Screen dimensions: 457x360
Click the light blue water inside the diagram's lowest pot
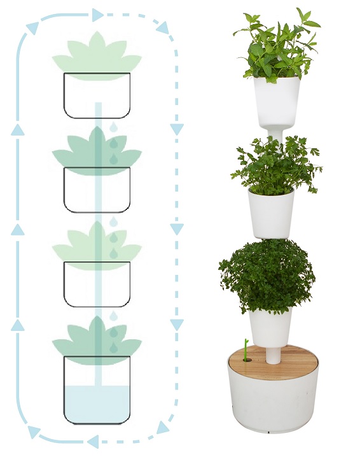click(x=97, y=405)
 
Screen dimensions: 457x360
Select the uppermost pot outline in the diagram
click(x=97, y=95)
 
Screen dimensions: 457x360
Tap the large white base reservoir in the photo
click(x=273, y=398)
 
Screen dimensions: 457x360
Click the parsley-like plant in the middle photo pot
click(x=275, y=162)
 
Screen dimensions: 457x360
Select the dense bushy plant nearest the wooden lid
click(x=267, y=274)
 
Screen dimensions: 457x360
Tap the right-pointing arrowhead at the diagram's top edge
click(x=97, y=15)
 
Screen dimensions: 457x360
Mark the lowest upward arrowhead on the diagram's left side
click(x=18, y=325)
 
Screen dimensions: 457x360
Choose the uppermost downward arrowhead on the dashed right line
click(x=177, y=129)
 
